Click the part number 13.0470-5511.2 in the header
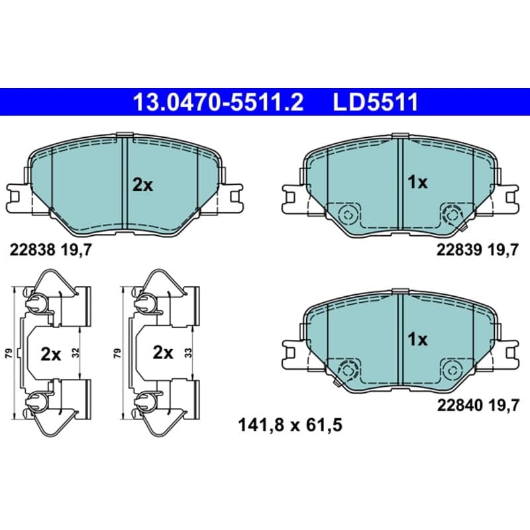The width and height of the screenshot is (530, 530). pyautogui.click(x=219, y=103)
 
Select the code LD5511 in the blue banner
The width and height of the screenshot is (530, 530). pyautogui.click(x=376, y=103)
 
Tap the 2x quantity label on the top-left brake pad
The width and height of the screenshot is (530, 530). pyautogui.click(x=142, y=185)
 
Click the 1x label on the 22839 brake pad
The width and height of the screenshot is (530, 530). pyautogui.click(x=417, y=183)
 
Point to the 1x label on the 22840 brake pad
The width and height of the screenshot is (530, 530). pyautogui.click(x=417, y=339)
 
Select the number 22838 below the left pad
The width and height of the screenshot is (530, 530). pyautogui.click(x=32, y=250)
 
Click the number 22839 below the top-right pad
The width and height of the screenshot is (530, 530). pyautogui.click(x=459, y=250)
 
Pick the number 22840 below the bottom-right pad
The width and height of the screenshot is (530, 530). pyautogui.click(x=460, y=405)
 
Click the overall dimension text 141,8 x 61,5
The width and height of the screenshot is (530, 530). pyautogui.click(x=290, y=425)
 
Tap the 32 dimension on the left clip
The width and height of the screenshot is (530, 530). pyautogui.click(x=76, y=352)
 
